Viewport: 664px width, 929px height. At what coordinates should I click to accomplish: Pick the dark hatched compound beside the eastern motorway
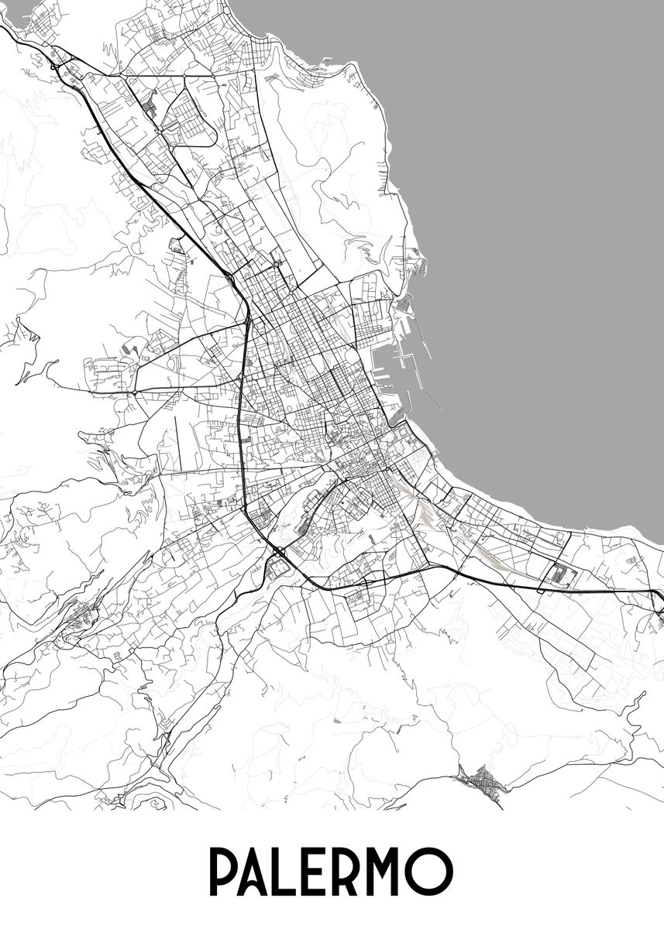(x=563, y=575)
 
